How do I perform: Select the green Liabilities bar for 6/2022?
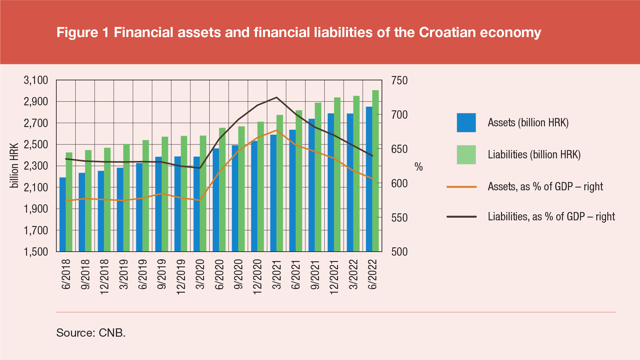375,171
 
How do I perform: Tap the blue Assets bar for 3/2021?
273,193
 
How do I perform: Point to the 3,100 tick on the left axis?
36,80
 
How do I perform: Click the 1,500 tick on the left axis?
36,252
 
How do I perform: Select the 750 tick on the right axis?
399,81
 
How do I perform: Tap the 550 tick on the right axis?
399,218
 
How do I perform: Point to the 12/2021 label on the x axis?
334,277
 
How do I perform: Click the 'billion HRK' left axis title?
14,166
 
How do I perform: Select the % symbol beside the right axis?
419,167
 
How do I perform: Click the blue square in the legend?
466,123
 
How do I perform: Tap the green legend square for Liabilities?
466,155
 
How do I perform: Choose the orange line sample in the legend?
461,187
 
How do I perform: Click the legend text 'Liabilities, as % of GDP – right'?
551,217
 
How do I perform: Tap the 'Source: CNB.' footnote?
91,333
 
